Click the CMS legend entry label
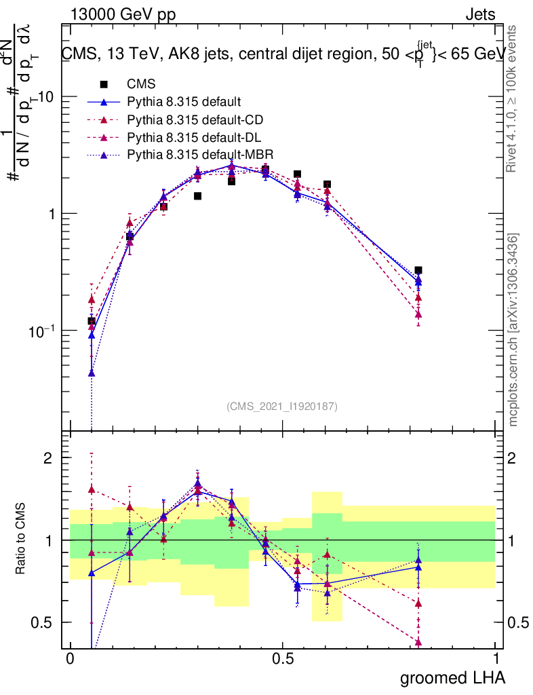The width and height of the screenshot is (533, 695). (x=141, y=84)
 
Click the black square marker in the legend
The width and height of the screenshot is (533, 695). (x=104, y=84)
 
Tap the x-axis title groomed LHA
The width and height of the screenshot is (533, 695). (x=453, y=677)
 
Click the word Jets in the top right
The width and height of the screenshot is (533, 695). (x=480, y=14)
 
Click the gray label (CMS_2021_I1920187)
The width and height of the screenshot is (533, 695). (x=282, y=406)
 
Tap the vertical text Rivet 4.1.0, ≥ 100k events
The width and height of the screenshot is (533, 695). (x=513, y=98)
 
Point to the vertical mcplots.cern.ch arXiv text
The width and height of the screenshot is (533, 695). (x=513, y=330)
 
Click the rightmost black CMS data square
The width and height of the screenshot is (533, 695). (x=418, y=270)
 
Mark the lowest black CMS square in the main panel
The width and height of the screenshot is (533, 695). (x=92, y=321)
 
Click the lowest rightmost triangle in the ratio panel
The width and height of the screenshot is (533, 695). (x=418, y=642)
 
